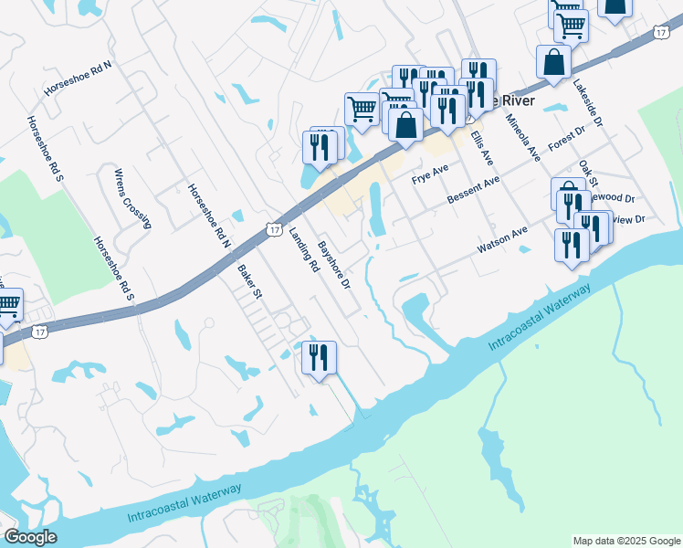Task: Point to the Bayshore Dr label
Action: tap(334, 265)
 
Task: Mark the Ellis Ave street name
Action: tap(482, 147)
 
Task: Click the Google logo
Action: tap(29, 537)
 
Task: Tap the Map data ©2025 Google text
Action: tap(626, 541)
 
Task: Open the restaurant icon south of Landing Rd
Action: tap(320, 357)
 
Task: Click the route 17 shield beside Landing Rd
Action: tap(274, 230)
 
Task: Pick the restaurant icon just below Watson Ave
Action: tap(572, 246)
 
